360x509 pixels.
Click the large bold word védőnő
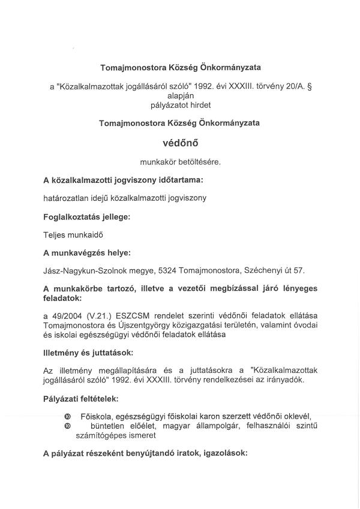click(181, 144)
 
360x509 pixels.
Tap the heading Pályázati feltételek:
click(80, 398)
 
